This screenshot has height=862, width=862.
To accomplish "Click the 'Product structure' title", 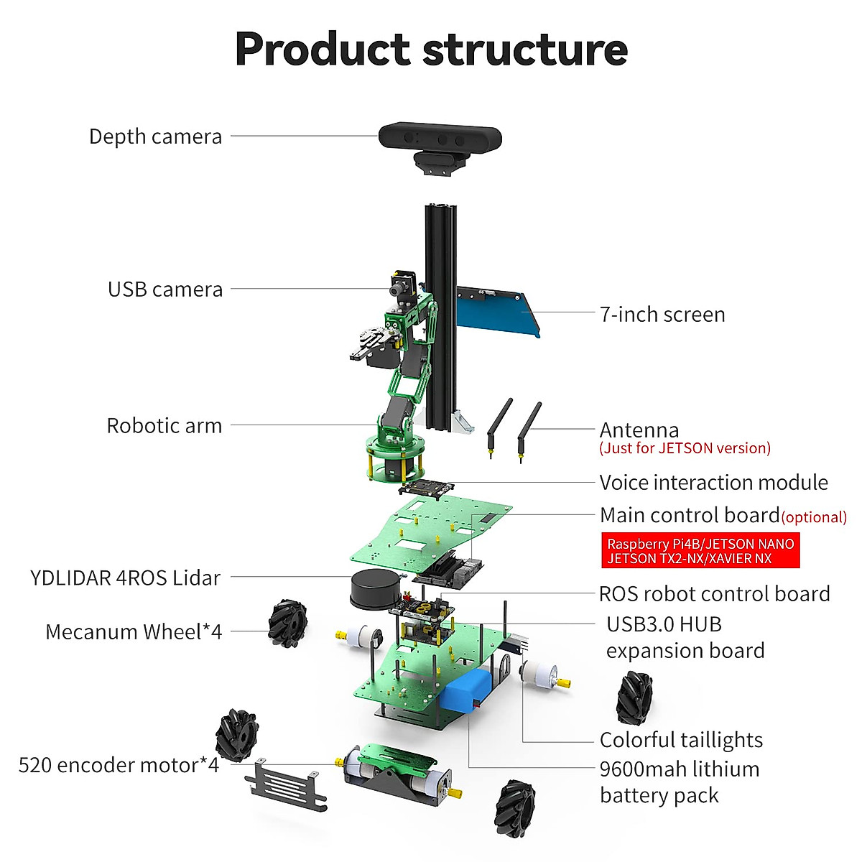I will tap(431, 49).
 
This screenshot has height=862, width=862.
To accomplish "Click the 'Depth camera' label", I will tap(155, 136).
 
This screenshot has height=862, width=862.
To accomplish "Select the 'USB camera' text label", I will tap(165, 289).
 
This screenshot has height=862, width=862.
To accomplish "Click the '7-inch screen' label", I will tap(662, 315).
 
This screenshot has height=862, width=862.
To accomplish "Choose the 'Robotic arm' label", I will tap(164, 425).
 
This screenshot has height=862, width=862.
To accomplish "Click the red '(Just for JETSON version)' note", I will tap(685, 448).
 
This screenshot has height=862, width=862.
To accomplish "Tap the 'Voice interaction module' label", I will tap(713, 483).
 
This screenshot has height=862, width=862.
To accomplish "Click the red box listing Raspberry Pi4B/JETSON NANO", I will tap(700, 551).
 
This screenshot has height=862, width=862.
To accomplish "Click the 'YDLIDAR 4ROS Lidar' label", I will tap(125, 578).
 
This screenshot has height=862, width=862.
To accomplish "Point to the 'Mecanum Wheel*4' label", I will tap(134, 632).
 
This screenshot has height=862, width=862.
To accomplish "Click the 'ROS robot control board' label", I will tap(714, 594).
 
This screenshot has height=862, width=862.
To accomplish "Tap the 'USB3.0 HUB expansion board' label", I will tap(685, 637).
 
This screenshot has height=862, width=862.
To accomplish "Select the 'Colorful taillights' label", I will tap(681, 740).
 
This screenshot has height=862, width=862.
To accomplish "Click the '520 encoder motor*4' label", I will tap(119, 765).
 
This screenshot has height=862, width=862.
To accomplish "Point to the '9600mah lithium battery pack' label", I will tap(679, 782).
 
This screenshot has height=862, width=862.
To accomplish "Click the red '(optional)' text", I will tap(814, 517).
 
